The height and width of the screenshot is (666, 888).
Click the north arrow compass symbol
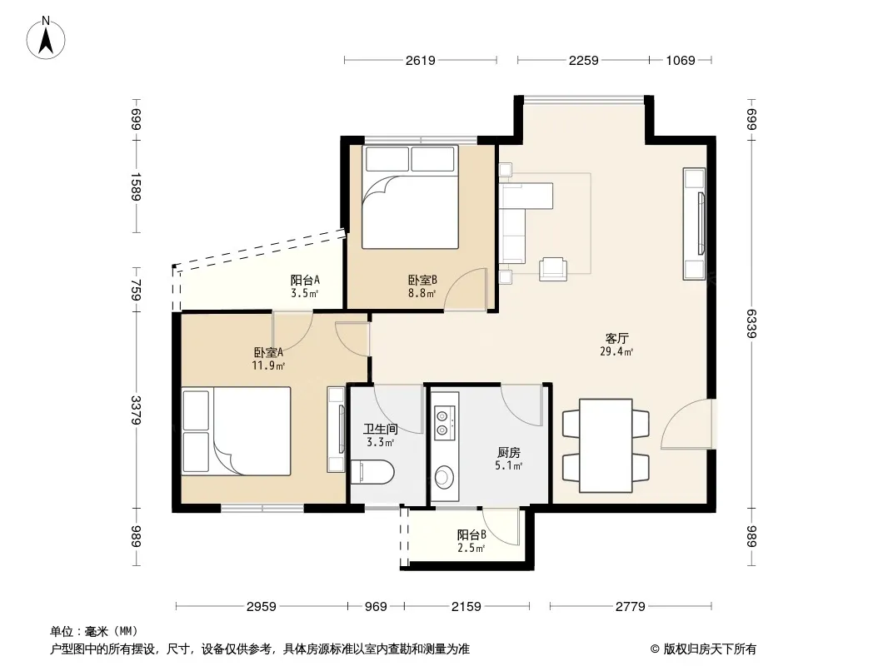click(x=46, y=38)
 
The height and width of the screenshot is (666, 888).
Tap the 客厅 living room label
click(x=616, y=338)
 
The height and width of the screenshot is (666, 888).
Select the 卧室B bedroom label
click(x=422, y=280)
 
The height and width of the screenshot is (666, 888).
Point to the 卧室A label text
click(x=268, y=352)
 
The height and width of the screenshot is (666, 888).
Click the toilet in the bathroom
click(x=372, y=473)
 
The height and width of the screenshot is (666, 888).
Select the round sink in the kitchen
click(x=444, y=476)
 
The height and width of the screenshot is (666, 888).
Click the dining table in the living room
click(x=606, y=445)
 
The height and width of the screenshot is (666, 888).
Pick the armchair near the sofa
click(x=553, y=269)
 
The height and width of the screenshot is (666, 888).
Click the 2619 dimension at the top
click(x=420, y=61)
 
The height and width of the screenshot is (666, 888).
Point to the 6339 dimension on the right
click(x=752, y=323)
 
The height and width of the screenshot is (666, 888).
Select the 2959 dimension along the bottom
click(x=262, y=607)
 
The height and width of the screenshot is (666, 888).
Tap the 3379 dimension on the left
click(x=136, y=410)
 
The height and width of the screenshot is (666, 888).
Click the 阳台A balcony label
click(x=305, y=280)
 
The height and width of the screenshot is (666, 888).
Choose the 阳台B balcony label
click(x=471, y=534)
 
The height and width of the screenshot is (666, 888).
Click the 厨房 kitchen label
click(x=509, y=453)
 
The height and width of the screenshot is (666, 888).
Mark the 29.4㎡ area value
click(x=616, y=352)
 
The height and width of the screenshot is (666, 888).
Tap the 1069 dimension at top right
click(x=680, y=61)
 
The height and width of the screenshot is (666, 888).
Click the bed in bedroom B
click(x=410, y=197)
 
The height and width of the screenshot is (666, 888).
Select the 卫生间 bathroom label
click(x=380, y=429)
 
